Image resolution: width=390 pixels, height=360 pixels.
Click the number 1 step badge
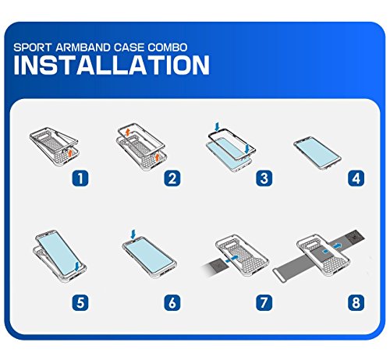[x=80, y=178]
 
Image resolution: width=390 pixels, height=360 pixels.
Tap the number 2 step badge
[x=172, y=178]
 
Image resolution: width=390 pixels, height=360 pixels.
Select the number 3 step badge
[x=264, y=178]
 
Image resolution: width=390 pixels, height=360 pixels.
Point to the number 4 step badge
[x=356, y=178]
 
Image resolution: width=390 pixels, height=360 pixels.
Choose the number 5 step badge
[x=80, y=302]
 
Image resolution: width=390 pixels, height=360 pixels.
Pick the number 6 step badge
[x=172, y=302]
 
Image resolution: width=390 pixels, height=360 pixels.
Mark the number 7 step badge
[x=264, y=302]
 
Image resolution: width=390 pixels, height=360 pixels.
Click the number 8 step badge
[x=356, y=302]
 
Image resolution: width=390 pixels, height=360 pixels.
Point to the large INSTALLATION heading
[x=112, y=65]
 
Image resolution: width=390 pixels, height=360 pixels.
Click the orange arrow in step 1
[x=69, y=153]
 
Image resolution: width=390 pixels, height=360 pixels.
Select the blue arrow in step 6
[x=133, y=235]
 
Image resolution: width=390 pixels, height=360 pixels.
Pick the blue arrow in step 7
[x=232, y=258]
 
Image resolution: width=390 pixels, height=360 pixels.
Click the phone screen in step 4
[x=317, y=151]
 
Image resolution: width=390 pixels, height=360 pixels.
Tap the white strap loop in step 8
[x=278, y=275]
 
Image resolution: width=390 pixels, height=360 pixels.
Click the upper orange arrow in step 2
[x=127, y=132]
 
